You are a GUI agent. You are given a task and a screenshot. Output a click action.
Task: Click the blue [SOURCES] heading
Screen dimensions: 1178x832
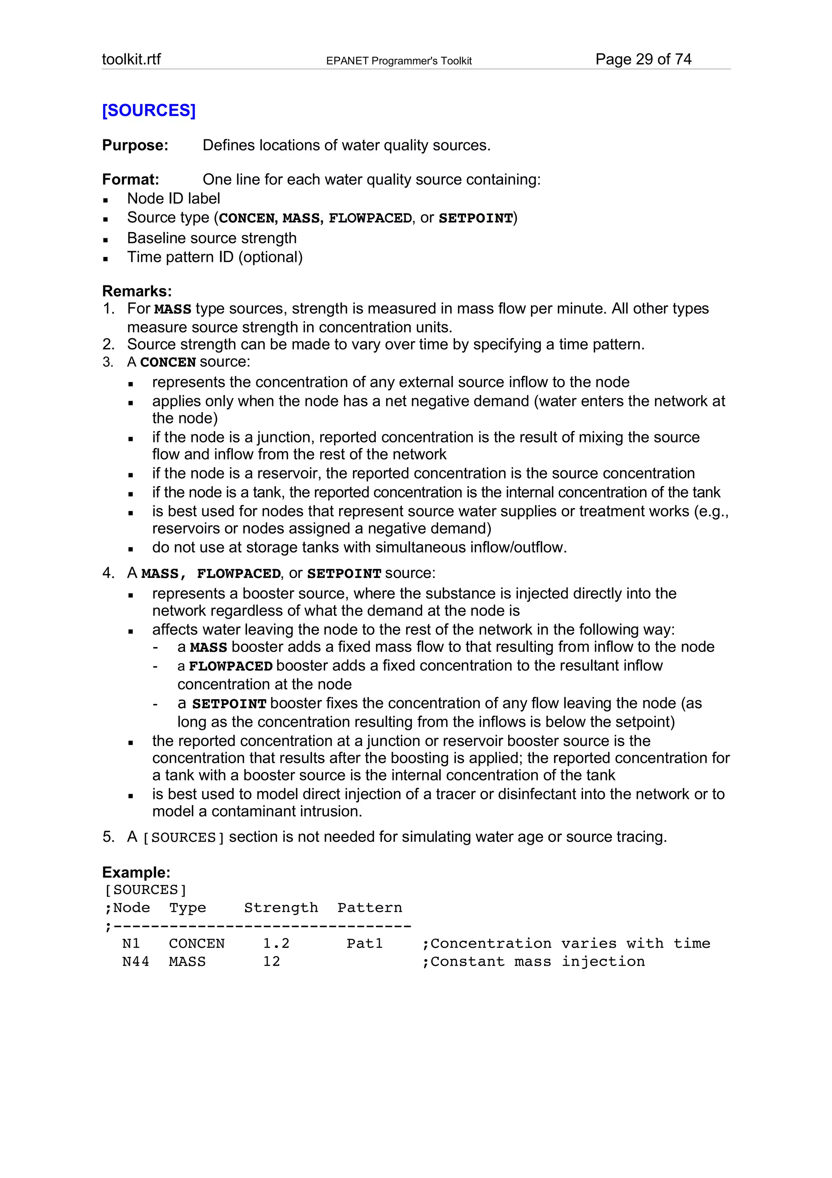click(x=149, y=110)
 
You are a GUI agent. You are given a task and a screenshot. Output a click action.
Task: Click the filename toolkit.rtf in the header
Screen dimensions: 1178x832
click(x=131, y=59)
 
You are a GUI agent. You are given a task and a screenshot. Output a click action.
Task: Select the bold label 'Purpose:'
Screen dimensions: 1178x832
click(x=135, y=145)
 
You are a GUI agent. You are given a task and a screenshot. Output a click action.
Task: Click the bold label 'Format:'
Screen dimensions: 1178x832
click(x=131, y=180)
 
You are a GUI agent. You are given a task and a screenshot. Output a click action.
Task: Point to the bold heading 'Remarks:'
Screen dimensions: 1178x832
click(x=137, y=291)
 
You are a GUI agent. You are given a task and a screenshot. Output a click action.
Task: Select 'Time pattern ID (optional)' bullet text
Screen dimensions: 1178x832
click(x=215, y=256)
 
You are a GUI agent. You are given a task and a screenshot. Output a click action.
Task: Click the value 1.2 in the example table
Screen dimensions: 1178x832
click(x=276, y=943)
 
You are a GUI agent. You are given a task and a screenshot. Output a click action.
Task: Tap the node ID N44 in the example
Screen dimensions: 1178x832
click(x=135, y=961)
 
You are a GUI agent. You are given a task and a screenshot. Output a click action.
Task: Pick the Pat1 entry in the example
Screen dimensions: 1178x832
click(x=364, y=943)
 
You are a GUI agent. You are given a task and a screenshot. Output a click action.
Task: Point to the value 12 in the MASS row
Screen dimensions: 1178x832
click(x=272, y=961)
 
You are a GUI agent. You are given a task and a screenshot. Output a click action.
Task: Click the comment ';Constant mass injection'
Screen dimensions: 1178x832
click(x=533, y=961)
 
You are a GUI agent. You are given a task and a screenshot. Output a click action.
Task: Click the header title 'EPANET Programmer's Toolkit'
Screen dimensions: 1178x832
click(x=399, y=61)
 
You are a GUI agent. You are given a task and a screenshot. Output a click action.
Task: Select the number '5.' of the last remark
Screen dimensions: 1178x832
click(x=108, y=837)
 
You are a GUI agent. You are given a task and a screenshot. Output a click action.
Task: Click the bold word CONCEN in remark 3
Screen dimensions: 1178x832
click(x=168, y=362)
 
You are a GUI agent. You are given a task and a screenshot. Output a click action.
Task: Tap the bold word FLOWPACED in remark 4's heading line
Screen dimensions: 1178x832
click(x=238, y=574)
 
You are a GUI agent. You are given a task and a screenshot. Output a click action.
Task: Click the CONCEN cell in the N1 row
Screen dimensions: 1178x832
click(x=197, y=943)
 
